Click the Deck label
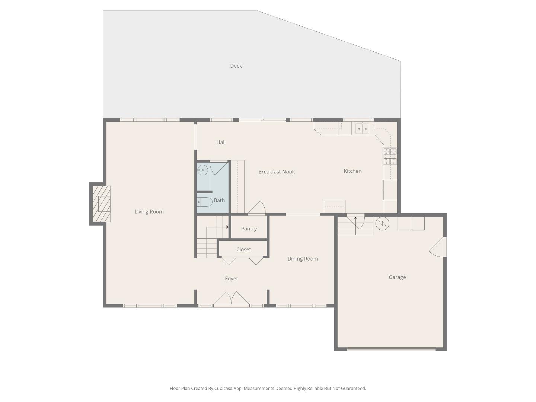pyautogui.click(x=236, y=66)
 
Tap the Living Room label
pyautogui.click(x=149, y=212)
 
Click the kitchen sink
pyautogui.click(x=362, y=129)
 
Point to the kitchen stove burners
pyautogui.click(x=390, y=156)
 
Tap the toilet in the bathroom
pyautogui.click(x=204, y=202)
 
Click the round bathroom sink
pyautogui.click(x=202, y=170)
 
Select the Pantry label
pyautogui.click(x=249, y=229)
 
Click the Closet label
pyautogui.click(x=243, y=250)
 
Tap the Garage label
pyautogui.click(x=397, y=277)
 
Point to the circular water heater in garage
pyautogui.click(x=382, y=223)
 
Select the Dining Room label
pyautogui.click(x=303, y=259)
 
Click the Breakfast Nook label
pyautogui.click(x=277, y=172)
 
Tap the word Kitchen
pyautogui.click(x=352, y=171)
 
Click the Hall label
pyautogui.click(x=221, y=142)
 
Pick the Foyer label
pyautogui.click(x=232, y=279)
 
